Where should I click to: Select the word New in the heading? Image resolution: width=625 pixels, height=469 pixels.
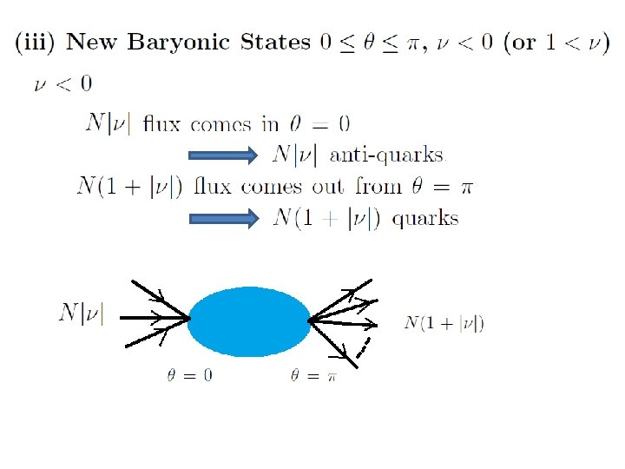coord(99,43)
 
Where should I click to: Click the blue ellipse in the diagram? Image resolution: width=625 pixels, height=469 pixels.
coord(249,321)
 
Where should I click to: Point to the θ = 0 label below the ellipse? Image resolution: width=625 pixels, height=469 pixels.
coord(189,376)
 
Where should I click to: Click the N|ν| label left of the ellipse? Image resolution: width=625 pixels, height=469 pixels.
coord(81,313)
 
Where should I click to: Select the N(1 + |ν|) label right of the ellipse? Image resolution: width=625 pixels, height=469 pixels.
coord(444,324)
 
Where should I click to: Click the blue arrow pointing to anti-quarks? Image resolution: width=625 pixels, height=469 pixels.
coord(224,155)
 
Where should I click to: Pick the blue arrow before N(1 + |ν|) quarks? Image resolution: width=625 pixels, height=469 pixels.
coord(224,219)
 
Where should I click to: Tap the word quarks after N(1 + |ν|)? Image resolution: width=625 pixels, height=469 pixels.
coord(424,219)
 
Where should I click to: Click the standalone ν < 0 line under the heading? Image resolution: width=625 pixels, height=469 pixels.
coord(62,85)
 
